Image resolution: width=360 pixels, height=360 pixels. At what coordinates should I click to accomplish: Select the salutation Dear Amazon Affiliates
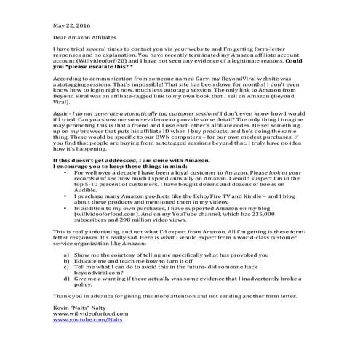click(x=84, y=35)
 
